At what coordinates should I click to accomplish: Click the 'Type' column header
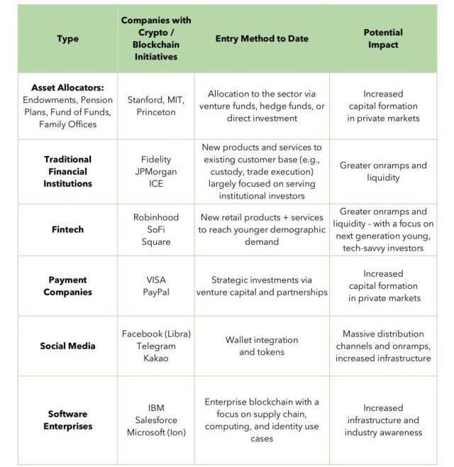(x=67, y=38)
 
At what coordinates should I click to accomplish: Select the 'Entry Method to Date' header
(x=262, y=38)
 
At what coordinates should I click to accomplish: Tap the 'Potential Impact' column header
(x=383, y=38)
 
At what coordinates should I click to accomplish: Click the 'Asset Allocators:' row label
(x=67, y=88)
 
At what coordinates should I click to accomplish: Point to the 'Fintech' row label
(x=67, y=229)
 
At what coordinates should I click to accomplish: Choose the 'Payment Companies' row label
(x=67, y=286)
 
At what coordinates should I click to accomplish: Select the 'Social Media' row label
(x=67, y=346)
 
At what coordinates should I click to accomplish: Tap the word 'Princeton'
(x=155, y=112)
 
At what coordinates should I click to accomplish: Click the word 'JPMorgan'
(x=156, y=171)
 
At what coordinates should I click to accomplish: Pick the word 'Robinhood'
(x=156, y=217)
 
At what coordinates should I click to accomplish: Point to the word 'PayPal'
(x=156, y=292)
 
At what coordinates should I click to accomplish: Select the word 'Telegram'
(x=156, y=346)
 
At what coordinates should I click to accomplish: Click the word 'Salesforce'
(x=156, y=420)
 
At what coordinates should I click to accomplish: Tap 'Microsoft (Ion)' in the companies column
(x=156, y=432)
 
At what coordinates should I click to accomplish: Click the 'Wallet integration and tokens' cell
(x=262, y=346)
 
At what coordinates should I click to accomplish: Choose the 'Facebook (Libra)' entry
(x=156, y=334)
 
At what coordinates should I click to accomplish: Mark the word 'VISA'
(x=156, y=280)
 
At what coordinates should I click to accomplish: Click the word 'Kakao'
(x=156, y=358)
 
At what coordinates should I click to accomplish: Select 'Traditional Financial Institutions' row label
(x=67, y=171)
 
